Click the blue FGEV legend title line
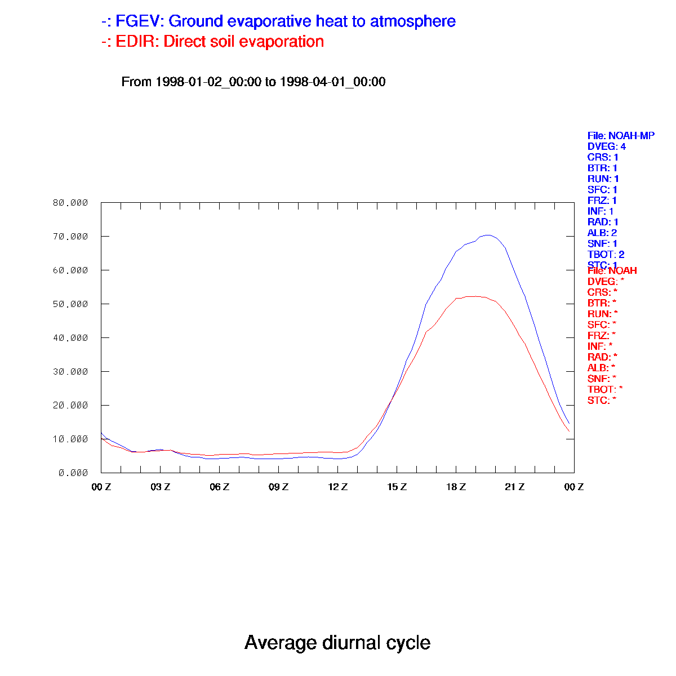[x=278, y=21]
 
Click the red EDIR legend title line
[x=213, y=42]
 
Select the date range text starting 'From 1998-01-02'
[x=253, y=82]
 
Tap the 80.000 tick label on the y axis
[x=70, y=203]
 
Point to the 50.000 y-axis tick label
[x=70, y=304]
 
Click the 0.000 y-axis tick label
[x=73, y=473]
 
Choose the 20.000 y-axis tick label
[x=70, y=406]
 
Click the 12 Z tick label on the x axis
[x=338, y=487]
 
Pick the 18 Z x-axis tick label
[x=456, y=487]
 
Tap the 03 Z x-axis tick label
[x=161, y=487]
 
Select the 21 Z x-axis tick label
[x=515, y=487]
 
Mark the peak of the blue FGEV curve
[x=488, y=235]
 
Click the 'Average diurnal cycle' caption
[x=337, y=642]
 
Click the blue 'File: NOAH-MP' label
[x=621, y=136]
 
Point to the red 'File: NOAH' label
[x=612, y=271]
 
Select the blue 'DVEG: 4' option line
[x=607, y=146]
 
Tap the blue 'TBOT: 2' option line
[x=606, y=255]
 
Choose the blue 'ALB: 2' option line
[x=602, y=233]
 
